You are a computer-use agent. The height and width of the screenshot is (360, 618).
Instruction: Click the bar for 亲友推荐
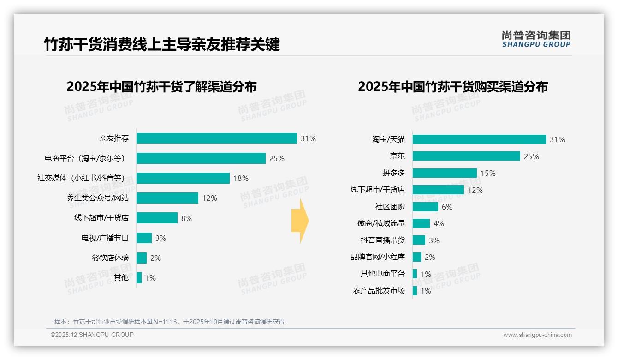point(216,138)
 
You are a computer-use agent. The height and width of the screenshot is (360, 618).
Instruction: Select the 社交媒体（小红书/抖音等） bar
point(183,178)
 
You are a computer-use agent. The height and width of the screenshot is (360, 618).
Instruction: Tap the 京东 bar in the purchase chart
point(466,156)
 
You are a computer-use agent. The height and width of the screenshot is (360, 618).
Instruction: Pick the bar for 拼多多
point(445,173)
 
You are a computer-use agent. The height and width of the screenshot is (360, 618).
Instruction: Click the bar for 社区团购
point(425,207)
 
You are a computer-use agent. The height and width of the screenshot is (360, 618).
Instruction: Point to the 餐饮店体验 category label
point(111,258)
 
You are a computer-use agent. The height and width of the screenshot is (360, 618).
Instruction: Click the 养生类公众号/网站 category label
point(98,198)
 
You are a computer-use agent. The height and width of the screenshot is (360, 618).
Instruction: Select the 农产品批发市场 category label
point(379,291)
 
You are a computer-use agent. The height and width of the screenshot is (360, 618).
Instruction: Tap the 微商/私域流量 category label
point(381,223)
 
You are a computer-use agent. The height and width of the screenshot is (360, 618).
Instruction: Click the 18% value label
point(241,178)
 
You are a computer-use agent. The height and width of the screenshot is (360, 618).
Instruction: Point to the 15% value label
point(488,173)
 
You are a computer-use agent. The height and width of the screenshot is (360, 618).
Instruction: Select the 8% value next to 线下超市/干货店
point(186,218)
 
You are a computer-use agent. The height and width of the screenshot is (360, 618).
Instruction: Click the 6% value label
point(447,207)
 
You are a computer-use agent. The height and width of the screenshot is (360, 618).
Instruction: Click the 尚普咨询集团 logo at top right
point(536,39)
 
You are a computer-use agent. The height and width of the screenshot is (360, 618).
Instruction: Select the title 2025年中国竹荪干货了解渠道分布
point(161,87)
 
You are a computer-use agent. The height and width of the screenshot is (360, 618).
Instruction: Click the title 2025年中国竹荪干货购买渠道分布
point(452,87)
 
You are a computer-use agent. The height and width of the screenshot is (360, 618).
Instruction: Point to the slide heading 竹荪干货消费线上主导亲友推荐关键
point(162,45)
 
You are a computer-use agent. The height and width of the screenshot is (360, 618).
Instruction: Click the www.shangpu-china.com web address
point(537,335)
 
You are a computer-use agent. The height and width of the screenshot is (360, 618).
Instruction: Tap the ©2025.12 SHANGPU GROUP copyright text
point(92,335)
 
